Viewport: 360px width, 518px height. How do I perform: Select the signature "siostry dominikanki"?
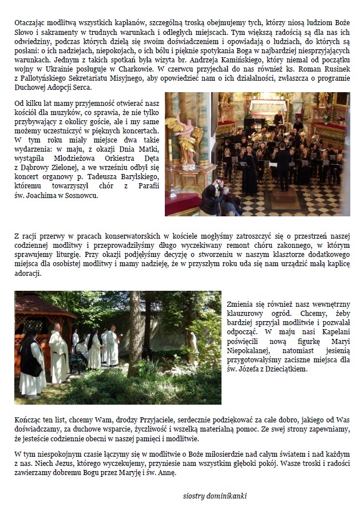[x=211, y=496]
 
